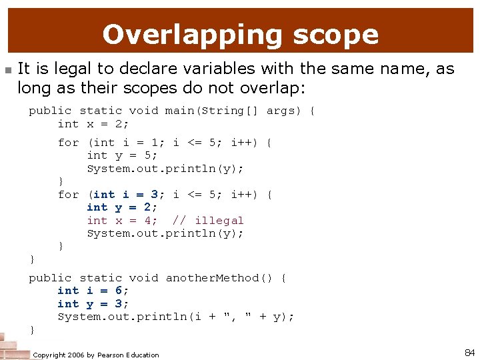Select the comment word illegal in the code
[x=219, y=221]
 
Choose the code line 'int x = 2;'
[x=93, y=124]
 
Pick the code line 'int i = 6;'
[x=93, y=291]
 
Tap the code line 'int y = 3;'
[x=93, y=304]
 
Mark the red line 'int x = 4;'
[x=122, y=221]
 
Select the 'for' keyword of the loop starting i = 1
[x=68, y=143]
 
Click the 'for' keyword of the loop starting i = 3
[x=68, y=195]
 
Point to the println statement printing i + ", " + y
[x=176, y=317]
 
